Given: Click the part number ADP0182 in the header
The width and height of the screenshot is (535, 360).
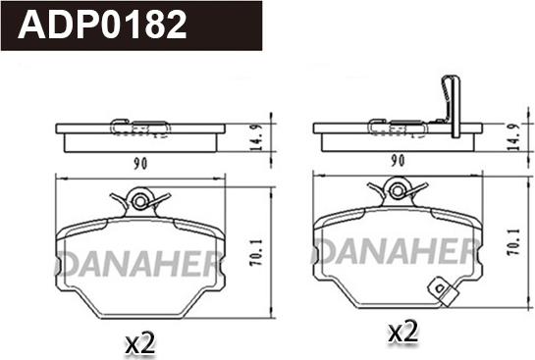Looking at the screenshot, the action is point(102,25).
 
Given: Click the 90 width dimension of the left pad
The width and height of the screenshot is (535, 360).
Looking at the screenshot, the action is point(140,165).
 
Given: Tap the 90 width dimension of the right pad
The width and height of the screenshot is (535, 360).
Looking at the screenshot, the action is point(398,161).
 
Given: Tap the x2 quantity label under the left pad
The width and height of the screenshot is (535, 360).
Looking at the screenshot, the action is point(140,343).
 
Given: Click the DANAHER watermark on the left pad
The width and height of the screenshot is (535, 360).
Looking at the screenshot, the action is point(139,264).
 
